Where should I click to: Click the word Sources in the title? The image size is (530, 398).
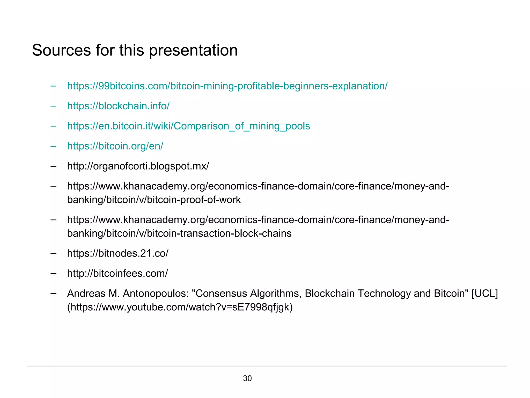pos(61,50)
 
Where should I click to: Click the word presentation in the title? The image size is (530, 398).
pos(193,50)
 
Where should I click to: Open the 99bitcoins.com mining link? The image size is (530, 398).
pos(227,86)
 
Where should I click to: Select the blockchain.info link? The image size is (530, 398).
pos(118,106)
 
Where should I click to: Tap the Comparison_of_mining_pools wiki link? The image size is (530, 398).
pos(188,126)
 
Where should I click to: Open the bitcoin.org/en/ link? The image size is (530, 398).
pos(115,146)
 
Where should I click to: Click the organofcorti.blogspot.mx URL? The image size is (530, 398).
pos(138,166)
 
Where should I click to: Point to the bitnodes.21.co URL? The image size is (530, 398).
pos(118,253)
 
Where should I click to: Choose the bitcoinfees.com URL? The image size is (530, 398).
pos(117,273)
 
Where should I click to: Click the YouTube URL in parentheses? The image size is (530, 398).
pos(180,307)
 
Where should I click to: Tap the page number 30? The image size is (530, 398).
pos(247,378)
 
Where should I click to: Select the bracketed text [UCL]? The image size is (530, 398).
pos(485,294)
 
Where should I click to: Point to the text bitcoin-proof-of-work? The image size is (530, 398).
pos(194,200)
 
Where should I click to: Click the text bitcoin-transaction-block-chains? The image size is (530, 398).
pos(219,233)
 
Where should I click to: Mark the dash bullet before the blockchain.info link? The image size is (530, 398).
pos(54,106)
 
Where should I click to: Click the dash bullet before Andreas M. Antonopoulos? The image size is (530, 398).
pos(54,294)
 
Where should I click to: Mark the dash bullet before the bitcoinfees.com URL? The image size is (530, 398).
pos(54,273)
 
